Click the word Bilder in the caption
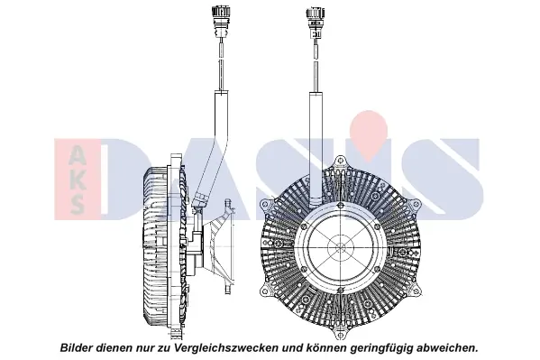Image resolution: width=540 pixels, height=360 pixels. tap(77, 347)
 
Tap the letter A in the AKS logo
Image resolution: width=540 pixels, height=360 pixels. tap(77, 155)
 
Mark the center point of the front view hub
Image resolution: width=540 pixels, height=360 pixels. tap(341, 247)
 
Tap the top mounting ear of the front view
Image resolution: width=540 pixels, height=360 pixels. tap(341, 162)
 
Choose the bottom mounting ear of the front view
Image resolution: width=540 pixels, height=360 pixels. tap(341, 334)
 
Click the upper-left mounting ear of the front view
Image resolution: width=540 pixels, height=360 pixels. tap(266, 205)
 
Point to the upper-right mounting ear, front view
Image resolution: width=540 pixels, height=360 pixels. tap(416, 205)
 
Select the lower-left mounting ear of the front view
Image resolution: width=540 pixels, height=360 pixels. tap(265, 291)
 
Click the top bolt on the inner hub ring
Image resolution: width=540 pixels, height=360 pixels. tap(341, 206)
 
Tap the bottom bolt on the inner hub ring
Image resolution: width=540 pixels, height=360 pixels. tap(341, 290)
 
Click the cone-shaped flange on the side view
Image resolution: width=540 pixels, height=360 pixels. tap(217, 246)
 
